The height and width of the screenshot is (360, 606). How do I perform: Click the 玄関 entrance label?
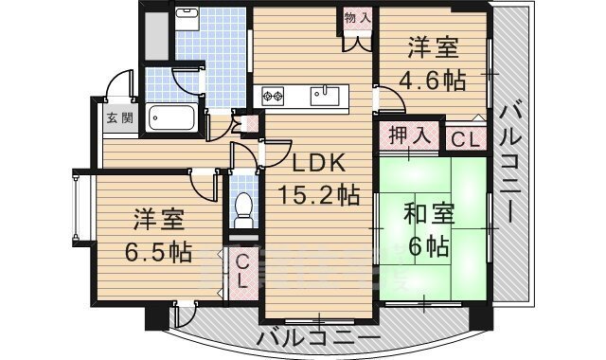[x=119, y=118]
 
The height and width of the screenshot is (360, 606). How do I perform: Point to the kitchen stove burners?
[x=275, y=94]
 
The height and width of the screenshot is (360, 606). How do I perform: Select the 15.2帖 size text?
[x=318, y=196]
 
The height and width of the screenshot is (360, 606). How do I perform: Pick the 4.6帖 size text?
[x=435, y=80]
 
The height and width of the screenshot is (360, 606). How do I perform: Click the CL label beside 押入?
[x=464, y=138]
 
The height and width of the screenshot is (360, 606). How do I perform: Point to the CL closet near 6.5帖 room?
[x=243, y=270]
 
